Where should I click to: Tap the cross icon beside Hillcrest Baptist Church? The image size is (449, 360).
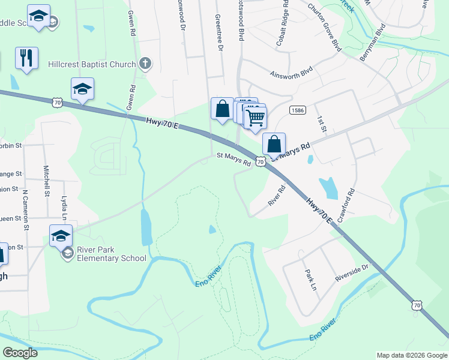(x=145, y=62)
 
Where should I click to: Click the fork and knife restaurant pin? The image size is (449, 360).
(x=26, y=58)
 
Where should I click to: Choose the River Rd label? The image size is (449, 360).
(x=277, y=195)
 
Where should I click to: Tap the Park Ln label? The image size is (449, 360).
(x=310, y=279)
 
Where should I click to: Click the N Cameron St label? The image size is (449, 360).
(x=25, y=210)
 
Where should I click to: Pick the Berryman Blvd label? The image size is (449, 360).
(x=373, y=43)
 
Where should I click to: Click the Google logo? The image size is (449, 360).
(x=20, y=352)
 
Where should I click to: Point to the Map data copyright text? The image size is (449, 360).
(x=411, y=355)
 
